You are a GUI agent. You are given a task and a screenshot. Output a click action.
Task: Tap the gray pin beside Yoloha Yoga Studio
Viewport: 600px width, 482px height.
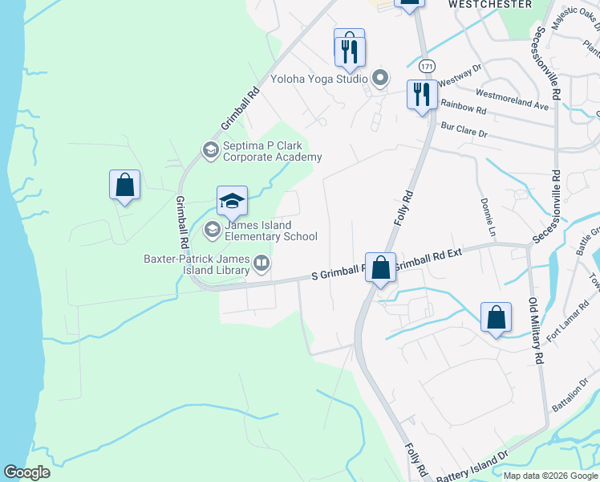[380, 78]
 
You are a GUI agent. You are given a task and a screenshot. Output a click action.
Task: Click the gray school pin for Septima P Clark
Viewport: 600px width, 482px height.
[210, 149]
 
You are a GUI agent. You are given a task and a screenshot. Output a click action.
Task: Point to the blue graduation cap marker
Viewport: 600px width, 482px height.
[232, 202]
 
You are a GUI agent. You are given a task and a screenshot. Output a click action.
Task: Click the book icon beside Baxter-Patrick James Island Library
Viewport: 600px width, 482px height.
[261, 262]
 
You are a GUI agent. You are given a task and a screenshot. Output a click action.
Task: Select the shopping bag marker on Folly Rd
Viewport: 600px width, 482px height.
[381, 268]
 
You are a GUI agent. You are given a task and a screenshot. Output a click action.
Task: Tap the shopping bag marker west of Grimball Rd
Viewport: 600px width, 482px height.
[125, 186]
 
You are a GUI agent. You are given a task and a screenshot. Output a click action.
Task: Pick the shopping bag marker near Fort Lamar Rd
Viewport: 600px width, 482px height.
[497, 317]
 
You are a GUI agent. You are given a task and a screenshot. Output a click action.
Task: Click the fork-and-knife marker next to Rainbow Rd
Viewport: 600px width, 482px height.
[421, 95]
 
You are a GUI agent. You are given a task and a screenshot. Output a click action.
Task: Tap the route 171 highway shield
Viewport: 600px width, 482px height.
[424, 64]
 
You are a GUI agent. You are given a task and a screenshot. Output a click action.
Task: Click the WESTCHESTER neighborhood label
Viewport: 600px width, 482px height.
[489, 4]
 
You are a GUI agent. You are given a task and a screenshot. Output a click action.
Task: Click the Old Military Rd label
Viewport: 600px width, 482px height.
[535, 330]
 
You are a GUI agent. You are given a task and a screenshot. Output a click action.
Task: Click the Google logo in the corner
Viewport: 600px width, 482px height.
[26, 472]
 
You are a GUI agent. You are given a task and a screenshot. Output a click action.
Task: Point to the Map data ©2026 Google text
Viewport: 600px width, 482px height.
[550, 475]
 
